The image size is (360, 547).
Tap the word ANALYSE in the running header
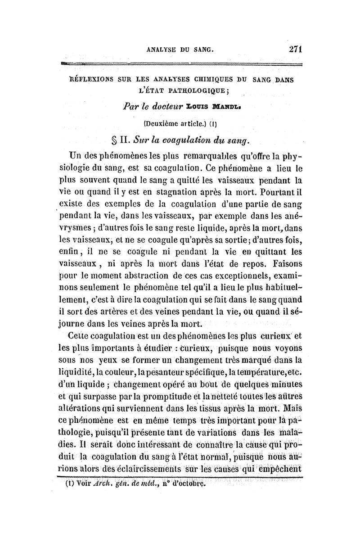[166, 50]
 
